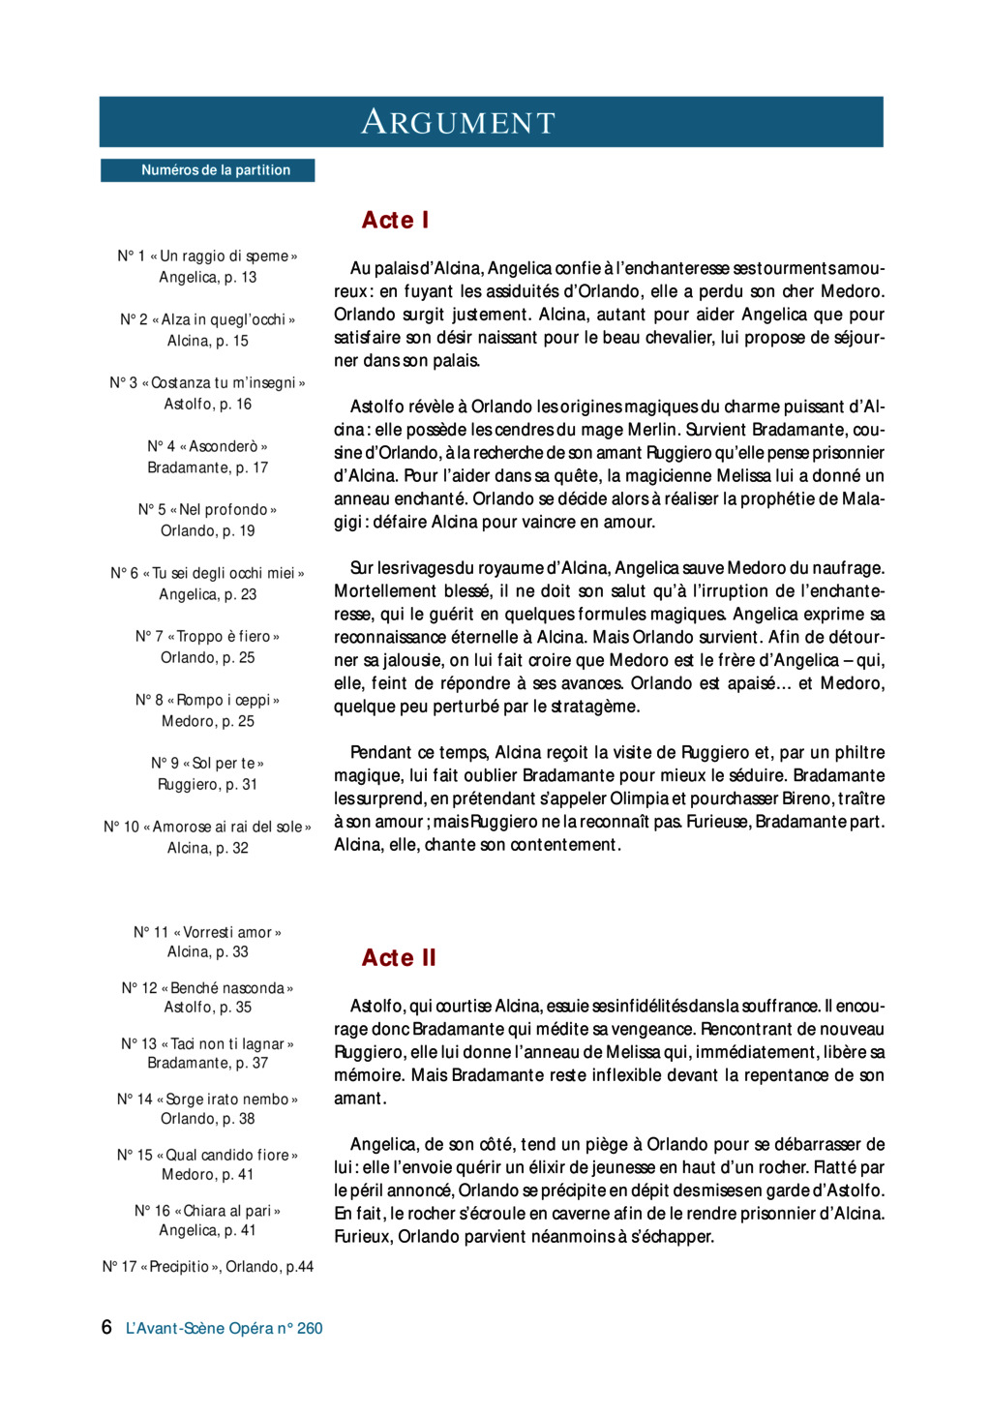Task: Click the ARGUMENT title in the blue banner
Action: (x=458, y=123)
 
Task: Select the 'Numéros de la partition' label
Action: (x=215, y=170)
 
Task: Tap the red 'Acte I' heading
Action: (x=395, y=221)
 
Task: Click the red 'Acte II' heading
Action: (x=399, y=958)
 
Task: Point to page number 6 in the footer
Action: (x=106, y=1327)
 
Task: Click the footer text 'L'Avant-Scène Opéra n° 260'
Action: (x=224, y=1329)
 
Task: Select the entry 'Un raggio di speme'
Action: (x=224, y=256)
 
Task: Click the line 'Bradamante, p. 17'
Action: (x=207, y=468)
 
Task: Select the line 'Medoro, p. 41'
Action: (x=207, y=1175)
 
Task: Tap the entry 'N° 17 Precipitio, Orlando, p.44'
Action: (x=207, y=1267)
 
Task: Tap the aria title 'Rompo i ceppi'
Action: (x=223, y=701)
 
